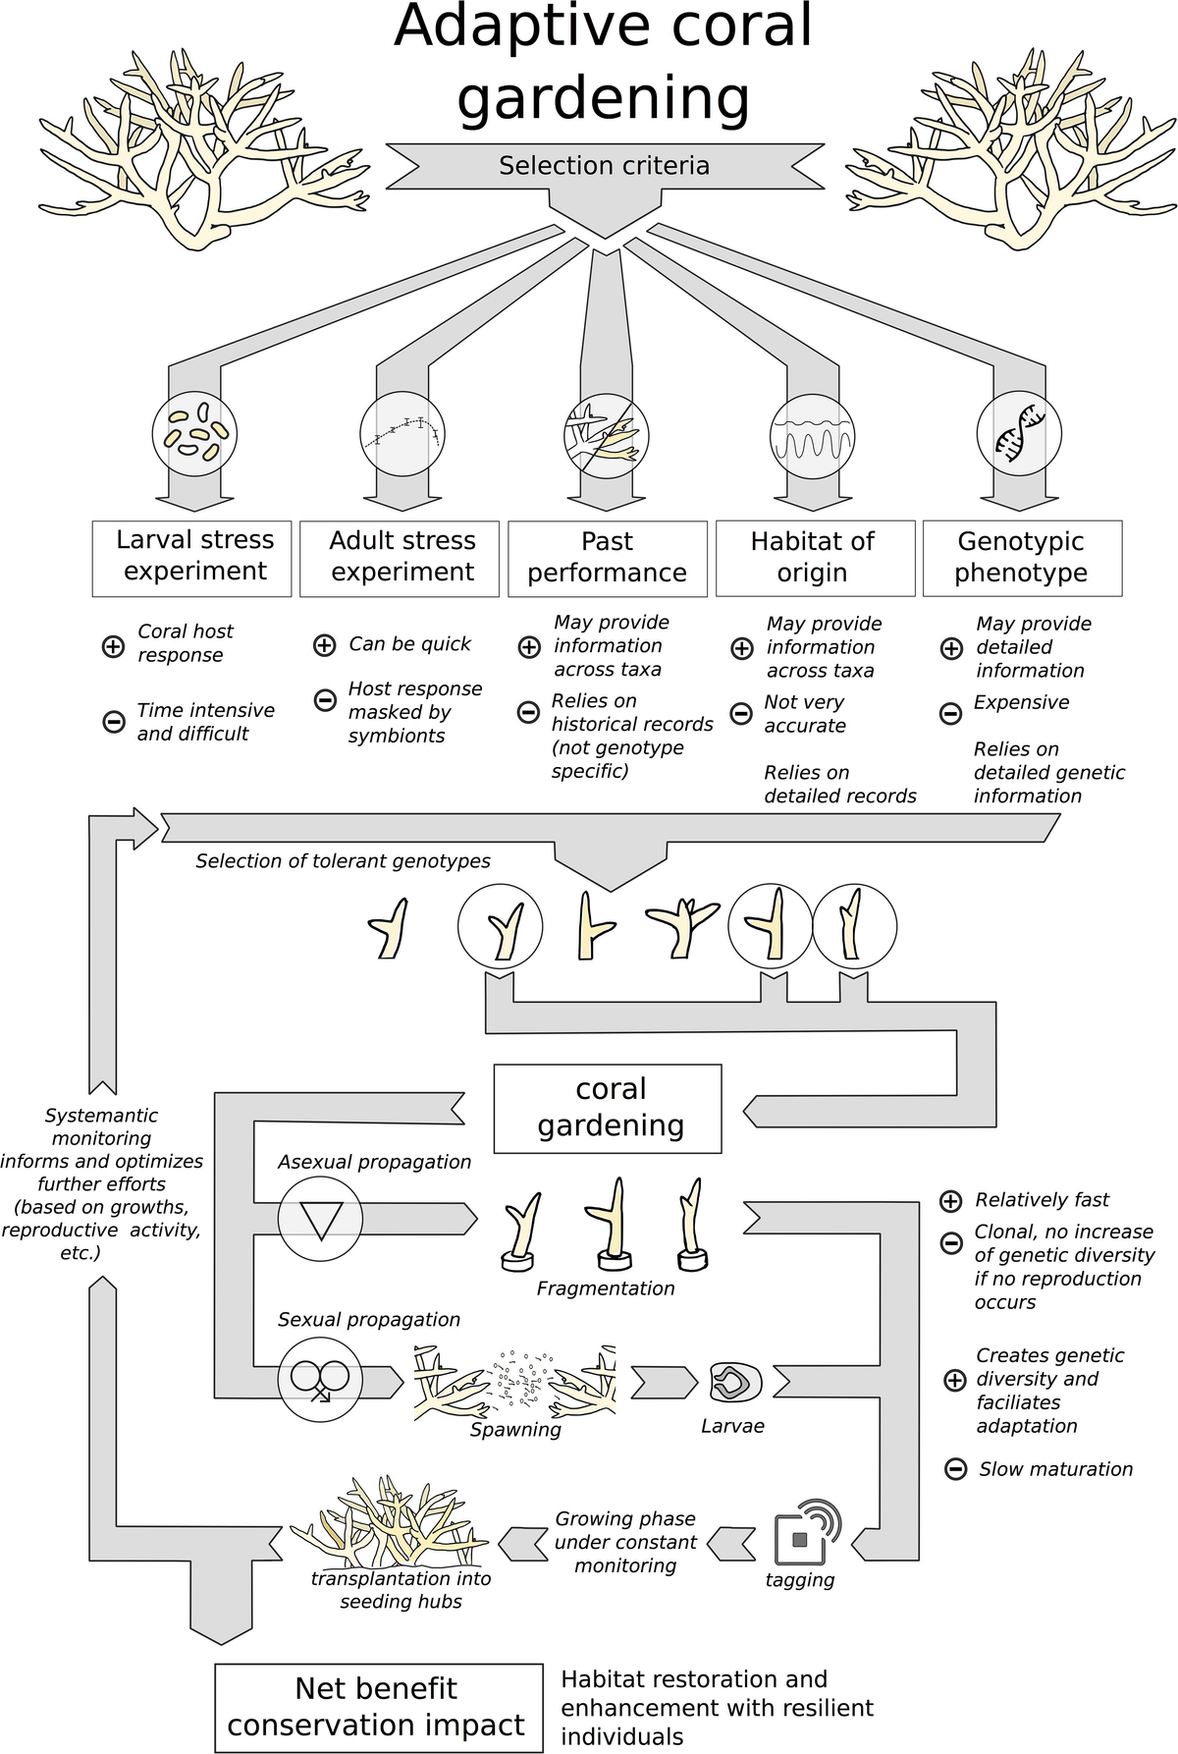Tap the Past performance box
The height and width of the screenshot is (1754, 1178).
(608, 558)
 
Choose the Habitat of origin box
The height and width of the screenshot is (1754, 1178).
(815, 558)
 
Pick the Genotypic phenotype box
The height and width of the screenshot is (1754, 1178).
(1022, 558)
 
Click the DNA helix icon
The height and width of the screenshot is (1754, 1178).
(1019, 433)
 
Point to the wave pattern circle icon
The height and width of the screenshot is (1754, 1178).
(812, 435)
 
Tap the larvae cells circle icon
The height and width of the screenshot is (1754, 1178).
(194, 433)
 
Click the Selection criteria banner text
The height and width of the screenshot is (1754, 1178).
(604, 166)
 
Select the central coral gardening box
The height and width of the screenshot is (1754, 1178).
(608, 1108)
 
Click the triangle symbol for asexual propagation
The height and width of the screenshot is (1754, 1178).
(320, 1220)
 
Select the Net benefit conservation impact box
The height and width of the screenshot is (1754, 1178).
(379, 1707)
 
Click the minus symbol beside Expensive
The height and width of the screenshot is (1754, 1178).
(950, 714)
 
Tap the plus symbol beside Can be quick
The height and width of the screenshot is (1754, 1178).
(324, 645)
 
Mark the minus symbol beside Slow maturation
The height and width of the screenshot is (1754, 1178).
(955, 1469)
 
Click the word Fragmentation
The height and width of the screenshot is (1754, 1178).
(606, 1288)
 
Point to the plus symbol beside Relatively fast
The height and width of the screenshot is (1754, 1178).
(950, 1200)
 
